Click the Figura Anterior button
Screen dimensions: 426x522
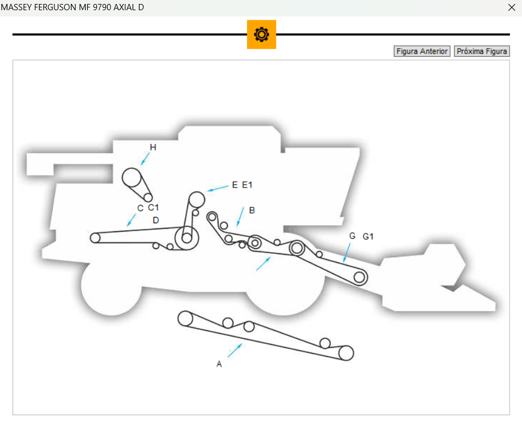(x=422, y=52)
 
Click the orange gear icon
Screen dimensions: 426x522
(x=261, y=35)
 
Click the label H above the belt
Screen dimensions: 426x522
(x=153, y=147)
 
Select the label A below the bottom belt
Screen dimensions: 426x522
(x=219, y=364)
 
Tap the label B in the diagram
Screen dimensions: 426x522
(x=252, y=210)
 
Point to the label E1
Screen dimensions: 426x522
(x=247, y=185)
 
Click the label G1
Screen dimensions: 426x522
(x=368, y=236)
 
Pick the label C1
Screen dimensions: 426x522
(x=153, y=207)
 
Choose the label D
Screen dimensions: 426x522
(x=156, y=220)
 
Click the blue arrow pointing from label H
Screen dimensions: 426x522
(x=146, y=158)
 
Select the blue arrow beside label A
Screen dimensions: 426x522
(x=235, y=350)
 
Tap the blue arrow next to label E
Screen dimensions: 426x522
(x=218, y=188)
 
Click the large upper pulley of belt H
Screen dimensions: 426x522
(x=132, y=177)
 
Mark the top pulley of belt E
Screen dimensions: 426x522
(x=197, y=199)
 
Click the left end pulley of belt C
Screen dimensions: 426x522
(x=95, y=238)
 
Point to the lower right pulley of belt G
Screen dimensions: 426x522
(x=359, y=277)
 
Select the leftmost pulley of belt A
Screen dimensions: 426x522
(x=185, y=318)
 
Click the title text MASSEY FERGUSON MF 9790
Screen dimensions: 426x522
(x=68, y=8)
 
